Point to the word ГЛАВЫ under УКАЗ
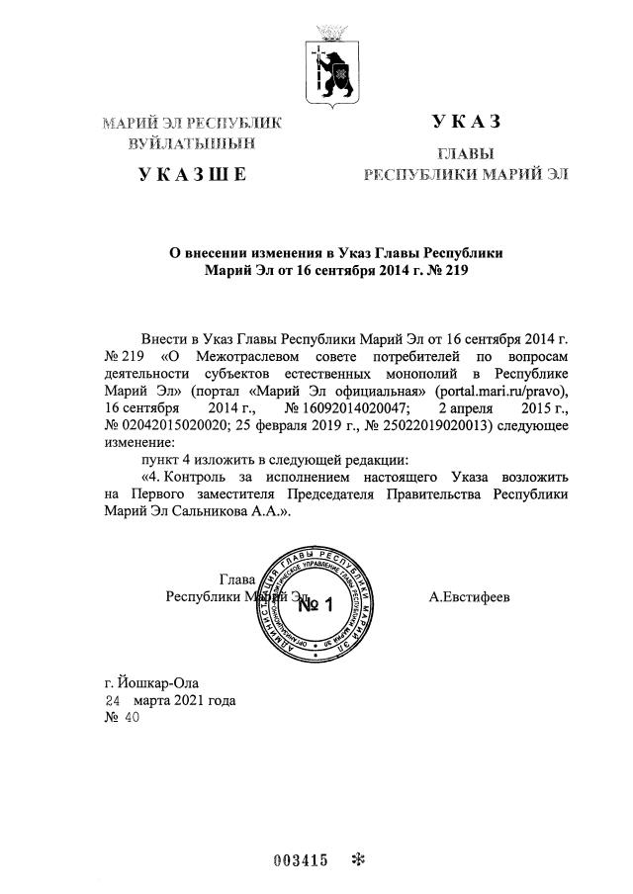pyautogui.click(x=466, y=155)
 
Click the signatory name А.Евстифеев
pyautogui.click(x=470, y=597)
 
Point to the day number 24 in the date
pyautogui.click(x=115, y=700)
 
